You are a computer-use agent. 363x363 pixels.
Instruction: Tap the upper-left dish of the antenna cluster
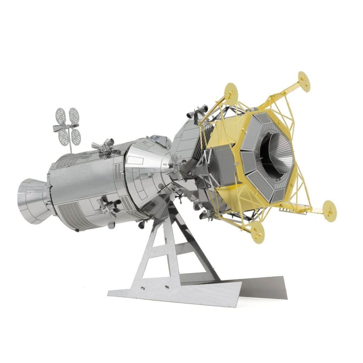tap(61, 116)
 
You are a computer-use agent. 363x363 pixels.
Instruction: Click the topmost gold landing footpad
tap(304, 81)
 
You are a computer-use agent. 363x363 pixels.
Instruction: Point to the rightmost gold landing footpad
tap(329, 211)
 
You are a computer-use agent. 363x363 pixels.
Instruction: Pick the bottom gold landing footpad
tap(257, 233)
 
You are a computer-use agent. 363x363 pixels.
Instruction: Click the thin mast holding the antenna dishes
tap(71, 145)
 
